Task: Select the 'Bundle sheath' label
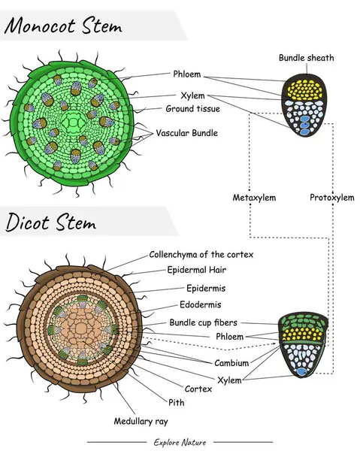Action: click(306, 58)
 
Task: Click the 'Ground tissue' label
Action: click(193, 109)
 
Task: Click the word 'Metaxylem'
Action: click(254, 198)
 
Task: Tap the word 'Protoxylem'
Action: click(331, 198)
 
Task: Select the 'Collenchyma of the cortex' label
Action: click(201, 255)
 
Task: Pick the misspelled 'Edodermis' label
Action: click(201, 305)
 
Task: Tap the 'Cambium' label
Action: click(232, 363)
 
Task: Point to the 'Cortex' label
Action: click(198, 389)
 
